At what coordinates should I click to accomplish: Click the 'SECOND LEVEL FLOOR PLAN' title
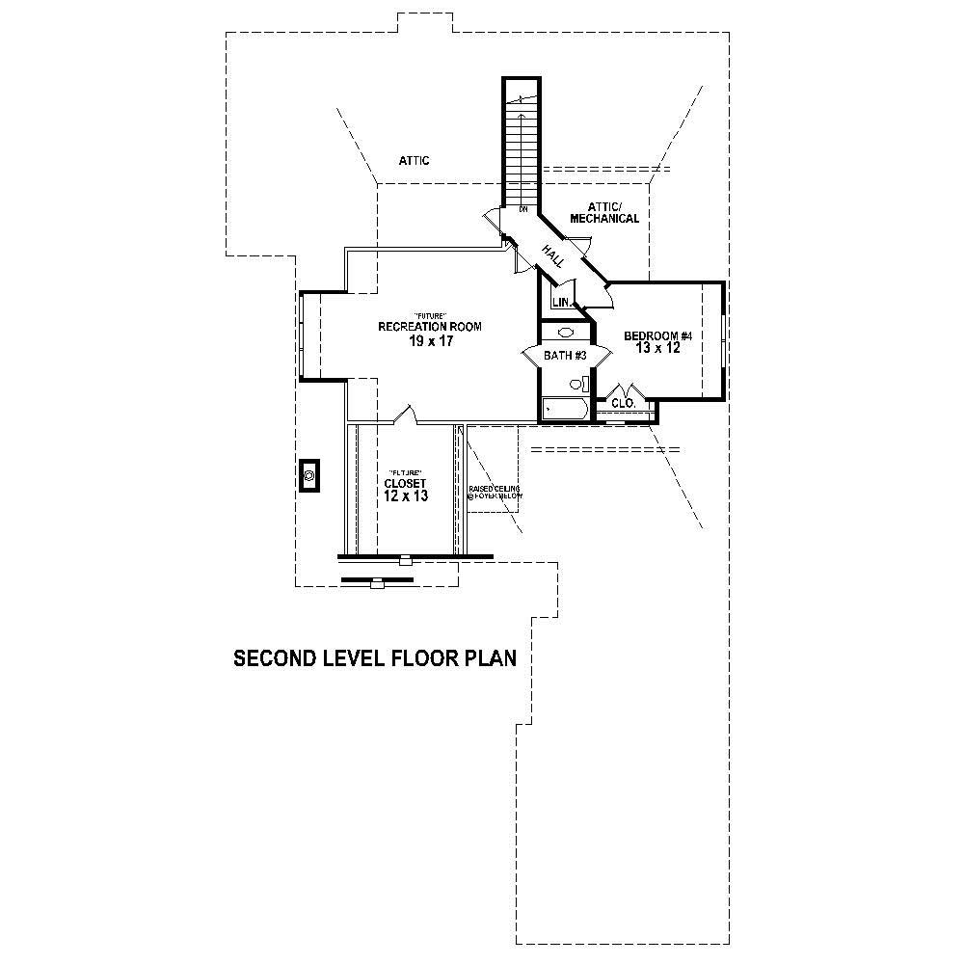pos(376,658)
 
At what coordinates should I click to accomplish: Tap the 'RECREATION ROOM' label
pos(429,327)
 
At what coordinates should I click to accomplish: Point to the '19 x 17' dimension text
pos(429,341)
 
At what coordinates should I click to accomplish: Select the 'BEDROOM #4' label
pos(658,335)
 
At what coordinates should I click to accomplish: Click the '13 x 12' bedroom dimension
pos(658,349)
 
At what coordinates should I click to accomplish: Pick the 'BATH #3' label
pos(566,356)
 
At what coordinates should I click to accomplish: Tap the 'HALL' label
pos(552,255)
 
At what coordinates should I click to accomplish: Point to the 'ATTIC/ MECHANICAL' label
pos(604,213)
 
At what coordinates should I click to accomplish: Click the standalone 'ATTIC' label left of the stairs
pos(414,160)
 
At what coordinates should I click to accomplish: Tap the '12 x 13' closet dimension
pos(405,495)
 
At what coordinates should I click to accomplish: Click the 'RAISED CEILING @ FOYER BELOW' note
pos(495,492)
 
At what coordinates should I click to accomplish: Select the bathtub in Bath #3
pos(563,409)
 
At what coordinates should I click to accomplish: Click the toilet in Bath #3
pos(578,384)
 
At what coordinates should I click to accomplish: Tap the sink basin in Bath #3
pos(567,333)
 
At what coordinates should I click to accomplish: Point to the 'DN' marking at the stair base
pos(522,208)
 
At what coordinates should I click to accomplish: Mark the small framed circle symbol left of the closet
pos(310,475)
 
